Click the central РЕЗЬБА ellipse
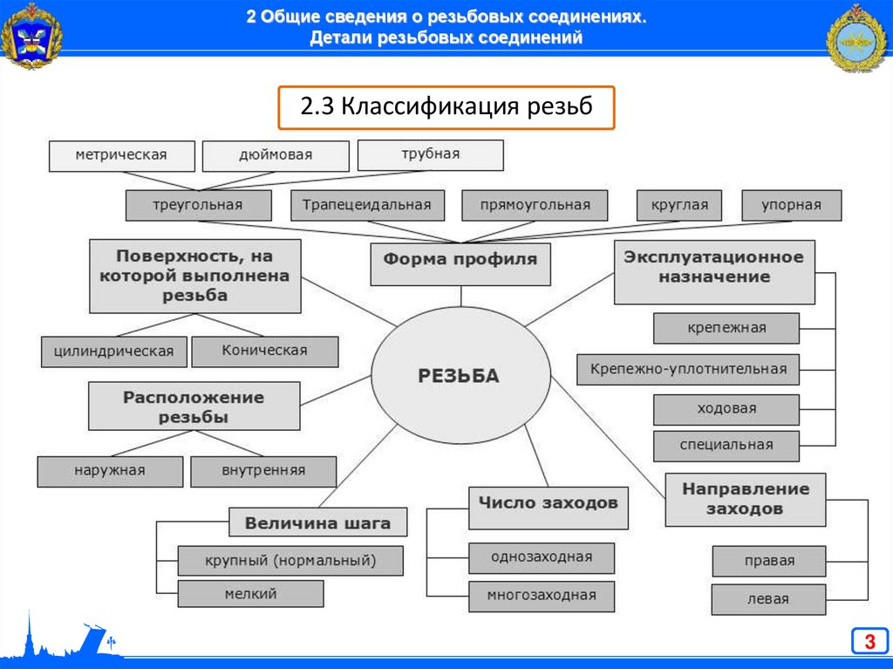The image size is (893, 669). (x=460, y=376)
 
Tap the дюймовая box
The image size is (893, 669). (x=276, y=156)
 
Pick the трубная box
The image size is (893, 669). (x=430, y=154)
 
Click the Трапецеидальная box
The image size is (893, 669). (x=367, y=206)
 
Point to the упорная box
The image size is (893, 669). (x=791, y=206)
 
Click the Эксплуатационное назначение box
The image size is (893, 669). (x=714, y=272)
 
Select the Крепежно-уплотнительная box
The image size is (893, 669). (x=688, y=369)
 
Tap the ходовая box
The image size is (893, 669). (x=726, y=409)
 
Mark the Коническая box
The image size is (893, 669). (x=264, y=351)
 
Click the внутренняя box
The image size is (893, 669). (x=262, y=471)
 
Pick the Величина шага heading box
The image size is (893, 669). (x=317, y=523)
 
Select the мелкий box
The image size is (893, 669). (x=249, y=594)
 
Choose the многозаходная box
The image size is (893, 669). (x=542, y=596)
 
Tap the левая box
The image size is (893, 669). (x=767, y=599)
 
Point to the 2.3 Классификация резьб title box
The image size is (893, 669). (x=446, y=107)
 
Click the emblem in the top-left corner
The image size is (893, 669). (x=31, y=37)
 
